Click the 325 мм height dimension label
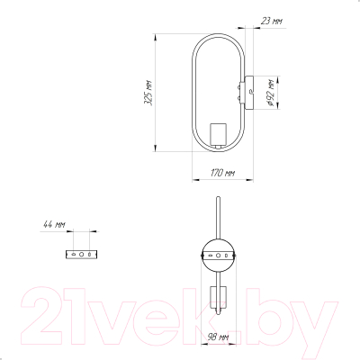(x=148, y=93)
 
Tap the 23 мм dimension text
(x=272, y=21)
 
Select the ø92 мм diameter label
(x=270, y=93)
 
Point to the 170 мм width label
(x=222, y=173)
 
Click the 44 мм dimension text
(x=54, y=224)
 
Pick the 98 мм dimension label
(x=219, y=337)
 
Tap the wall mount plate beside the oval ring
(x=249, y=93)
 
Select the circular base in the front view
(x=218, y=256)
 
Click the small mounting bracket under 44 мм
(x=81, y=255)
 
